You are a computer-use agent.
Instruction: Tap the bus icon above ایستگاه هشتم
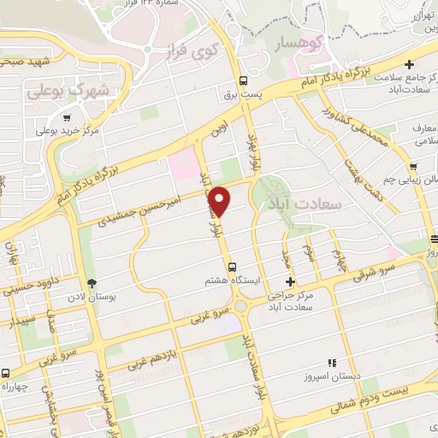coord(234,266)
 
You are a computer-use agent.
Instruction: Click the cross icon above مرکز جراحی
coord(290,281)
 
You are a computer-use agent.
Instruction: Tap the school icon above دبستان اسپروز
coord(332,364)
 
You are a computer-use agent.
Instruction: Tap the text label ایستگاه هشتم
coord(227,280)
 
